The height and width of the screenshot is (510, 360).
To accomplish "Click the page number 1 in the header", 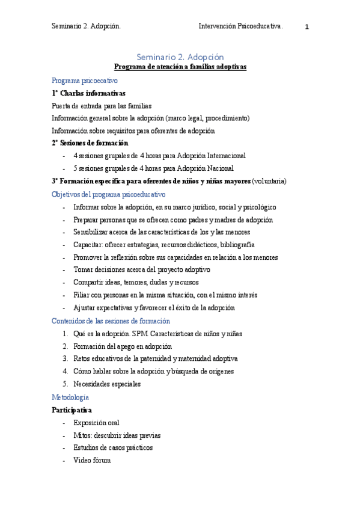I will pos(307,27).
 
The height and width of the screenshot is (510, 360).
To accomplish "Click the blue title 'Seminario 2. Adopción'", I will pos(180,57).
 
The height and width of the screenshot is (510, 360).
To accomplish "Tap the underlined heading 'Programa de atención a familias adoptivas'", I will pos(180,67).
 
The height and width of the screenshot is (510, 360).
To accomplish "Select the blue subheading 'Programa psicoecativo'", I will pos(85,80).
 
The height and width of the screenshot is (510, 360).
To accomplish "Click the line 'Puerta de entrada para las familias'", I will pos(102,106).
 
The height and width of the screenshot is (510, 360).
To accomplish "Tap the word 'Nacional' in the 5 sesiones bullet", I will pos(219,168).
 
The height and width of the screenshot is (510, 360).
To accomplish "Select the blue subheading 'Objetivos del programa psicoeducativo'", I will pos(109,194).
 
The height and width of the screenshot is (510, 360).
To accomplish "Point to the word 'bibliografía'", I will pos(237,244).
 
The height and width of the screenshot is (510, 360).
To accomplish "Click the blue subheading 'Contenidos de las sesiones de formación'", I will pos(111,321).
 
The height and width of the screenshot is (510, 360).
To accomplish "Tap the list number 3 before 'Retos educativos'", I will pos(66,358).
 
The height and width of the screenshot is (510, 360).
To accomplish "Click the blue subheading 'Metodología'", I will pos(70,397).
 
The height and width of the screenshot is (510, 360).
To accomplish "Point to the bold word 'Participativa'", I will pos(72,410).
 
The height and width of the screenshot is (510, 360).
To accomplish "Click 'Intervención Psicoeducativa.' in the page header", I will pos(240,26).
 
